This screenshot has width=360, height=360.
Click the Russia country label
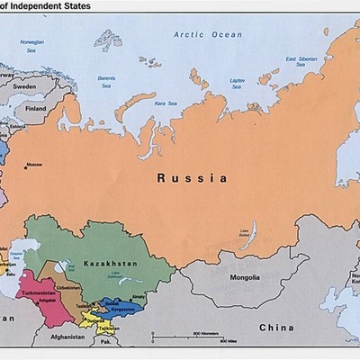coord(192,178)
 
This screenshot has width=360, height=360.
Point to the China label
coord(276,328)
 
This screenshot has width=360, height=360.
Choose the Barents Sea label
coord(106,83)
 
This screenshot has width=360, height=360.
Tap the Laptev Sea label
coord(238,83)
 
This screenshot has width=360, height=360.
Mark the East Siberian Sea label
coord(302,63)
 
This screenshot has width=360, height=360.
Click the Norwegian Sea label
coord(31,44)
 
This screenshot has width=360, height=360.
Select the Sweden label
coord(23,88)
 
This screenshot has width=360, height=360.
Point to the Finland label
coord(35,108)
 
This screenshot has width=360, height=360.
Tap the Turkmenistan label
coord(39,293)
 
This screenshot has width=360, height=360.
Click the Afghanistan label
coord(67,337)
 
